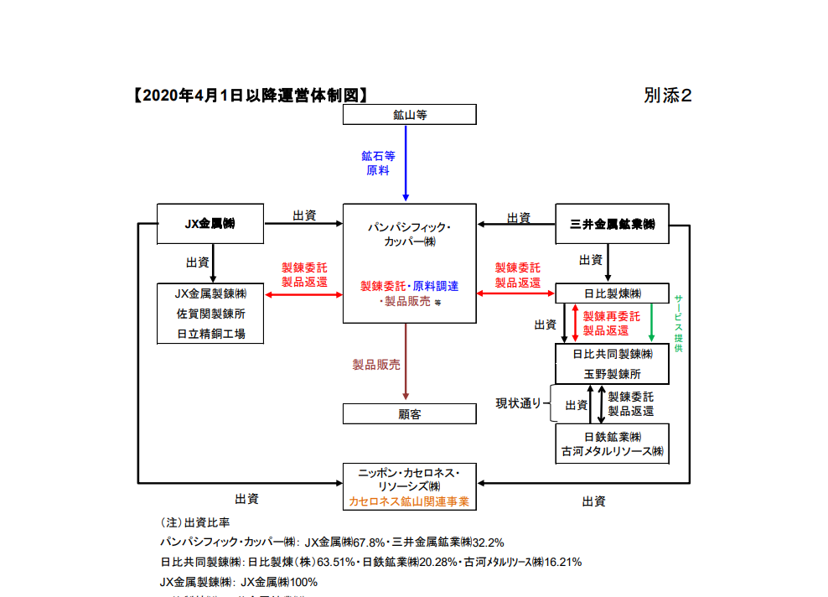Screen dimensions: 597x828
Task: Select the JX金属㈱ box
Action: click(x=210, y=224)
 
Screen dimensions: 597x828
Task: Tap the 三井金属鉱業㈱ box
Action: click(x=612, y=224)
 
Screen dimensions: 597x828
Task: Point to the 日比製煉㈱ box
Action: click(x=612, y=293)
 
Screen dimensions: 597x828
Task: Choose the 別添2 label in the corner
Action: click(x=668, y=96)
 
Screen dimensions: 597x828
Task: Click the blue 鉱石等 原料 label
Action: click(x=378, y=163)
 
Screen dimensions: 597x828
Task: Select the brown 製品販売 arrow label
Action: click(x=376, y=365)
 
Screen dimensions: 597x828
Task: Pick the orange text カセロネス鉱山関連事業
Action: click(x=409, y=501)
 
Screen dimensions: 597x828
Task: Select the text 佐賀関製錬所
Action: click(x=210, y=314)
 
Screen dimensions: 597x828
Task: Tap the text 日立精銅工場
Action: click(x=210, y=333)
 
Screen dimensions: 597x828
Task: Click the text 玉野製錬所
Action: click(x=612, y=374)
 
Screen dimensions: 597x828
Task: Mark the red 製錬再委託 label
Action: click(x=611, y=317)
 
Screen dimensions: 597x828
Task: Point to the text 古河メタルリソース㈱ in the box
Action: click(x=612, y=452)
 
